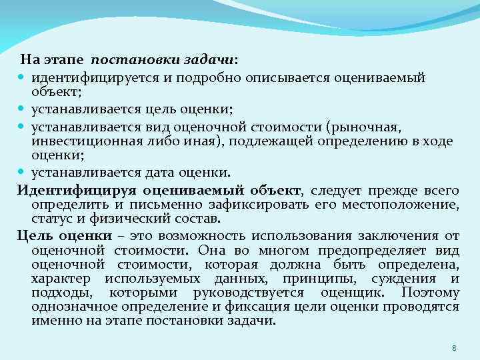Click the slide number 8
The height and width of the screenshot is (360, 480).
[454, 348]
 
